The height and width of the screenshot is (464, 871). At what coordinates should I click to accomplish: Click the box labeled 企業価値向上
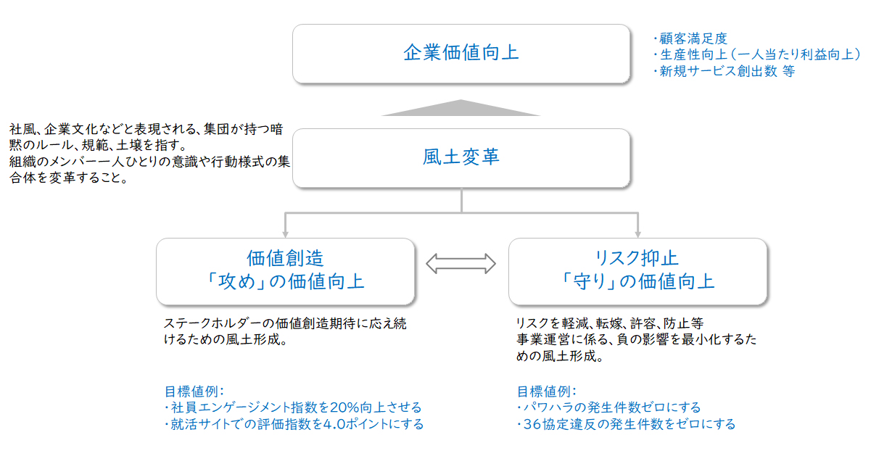[x=461, y=54]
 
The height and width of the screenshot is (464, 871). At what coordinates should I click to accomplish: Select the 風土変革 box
[x=461, y=158]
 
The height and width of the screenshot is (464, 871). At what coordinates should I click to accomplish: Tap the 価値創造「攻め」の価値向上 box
[x=286, y=271]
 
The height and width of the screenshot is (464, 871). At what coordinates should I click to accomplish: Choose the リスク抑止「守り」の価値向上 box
[x=637, y=271]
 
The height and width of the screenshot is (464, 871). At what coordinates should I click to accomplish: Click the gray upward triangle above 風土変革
[x=461, y=108]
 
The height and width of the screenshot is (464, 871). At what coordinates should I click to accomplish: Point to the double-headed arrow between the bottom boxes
[x=461, y=264]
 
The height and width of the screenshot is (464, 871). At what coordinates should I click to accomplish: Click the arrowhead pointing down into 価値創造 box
[x=286, y=234]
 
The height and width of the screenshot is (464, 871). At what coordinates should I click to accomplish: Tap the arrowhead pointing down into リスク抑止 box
[x=637, y=234]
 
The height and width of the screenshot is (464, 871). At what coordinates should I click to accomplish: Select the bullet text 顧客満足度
[x=690, y=38]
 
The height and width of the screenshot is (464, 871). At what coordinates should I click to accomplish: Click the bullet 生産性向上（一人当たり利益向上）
[x=757, y=55]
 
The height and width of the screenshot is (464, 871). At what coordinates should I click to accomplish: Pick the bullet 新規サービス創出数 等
[x=725, y=71]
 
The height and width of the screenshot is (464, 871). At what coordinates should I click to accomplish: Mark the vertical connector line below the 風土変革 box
[x=461, y=200]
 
